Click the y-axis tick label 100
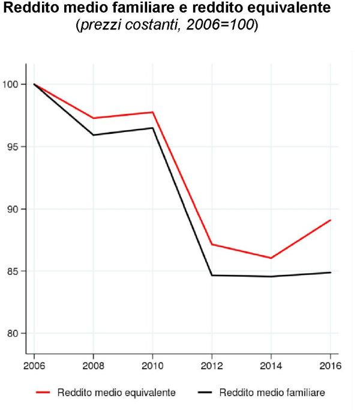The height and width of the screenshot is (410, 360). point(11,85)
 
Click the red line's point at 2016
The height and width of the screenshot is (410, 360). point(331,220)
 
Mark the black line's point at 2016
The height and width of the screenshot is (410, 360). point(331,273)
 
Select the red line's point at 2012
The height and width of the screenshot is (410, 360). point(211,244)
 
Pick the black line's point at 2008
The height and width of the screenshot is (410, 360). point(93,135)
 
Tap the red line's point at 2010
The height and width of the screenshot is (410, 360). point(152,112)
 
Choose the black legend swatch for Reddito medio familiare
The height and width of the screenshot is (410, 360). point(205,393)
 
